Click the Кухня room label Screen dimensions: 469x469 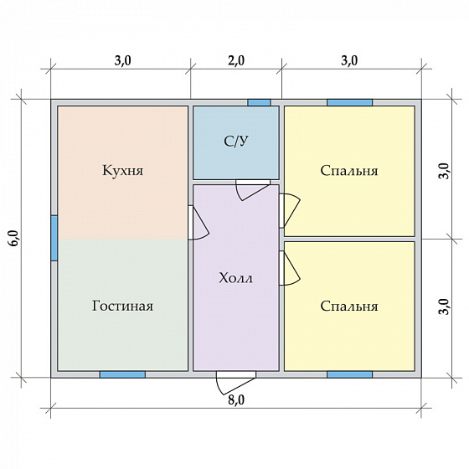tap(122, 171)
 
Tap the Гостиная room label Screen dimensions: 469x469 tap(122, 306)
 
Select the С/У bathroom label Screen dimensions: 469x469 tap(236, 142)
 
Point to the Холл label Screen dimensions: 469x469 tap(235, 278)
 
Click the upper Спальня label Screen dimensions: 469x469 tap(349, 171)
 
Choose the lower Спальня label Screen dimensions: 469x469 tap(349, 307)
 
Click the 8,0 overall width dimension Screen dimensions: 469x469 tap(236, 400)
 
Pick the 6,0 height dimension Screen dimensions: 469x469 tap(14, 239)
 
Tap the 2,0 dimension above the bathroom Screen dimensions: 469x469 tap(236, 60)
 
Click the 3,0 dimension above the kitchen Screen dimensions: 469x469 tap(122, 60)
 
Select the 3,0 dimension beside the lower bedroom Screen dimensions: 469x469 tap(445, 307)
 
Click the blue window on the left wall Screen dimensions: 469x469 tap(54, 238)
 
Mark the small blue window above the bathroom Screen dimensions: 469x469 tap(259, 102)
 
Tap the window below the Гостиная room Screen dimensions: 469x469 tap(122, 374)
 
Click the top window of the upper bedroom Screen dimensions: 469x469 tap(350, 102)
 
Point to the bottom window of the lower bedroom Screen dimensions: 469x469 tap(350, 374)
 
